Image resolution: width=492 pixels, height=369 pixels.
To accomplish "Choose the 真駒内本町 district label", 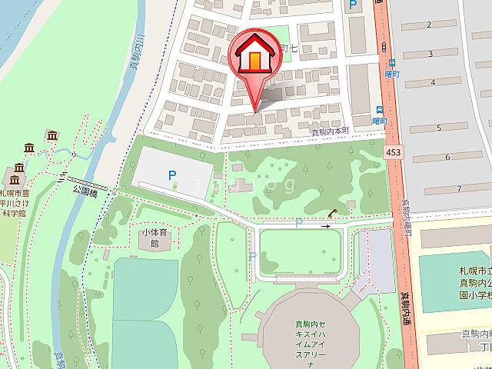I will pos(330,131).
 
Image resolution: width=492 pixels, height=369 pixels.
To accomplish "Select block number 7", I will pos(458,188).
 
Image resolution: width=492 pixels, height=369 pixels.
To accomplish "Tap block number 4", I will pos(434,82).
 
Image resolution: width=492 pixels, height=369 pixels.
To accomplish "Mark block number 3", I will pos(431,53).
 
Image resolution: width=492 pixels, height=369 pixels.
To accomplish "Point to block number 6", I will pos(447,158).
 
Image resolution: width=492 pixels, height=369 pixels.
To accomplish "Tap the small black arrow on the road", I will pos(326,227).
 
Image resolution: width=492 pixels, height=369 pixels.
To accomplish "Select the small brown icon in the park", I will pos(332,213).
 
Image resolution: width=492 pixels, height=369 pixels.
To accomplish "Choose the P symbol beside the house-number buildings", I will pos(354,6).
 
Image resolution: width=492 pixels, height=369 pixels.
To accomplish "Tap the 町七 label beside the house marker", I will pos(288,48).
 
